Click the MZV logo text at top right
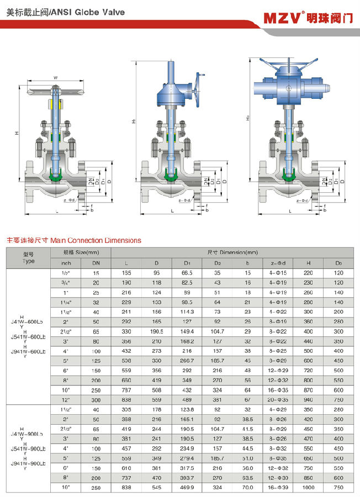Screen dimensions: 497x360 [x=283, y=17]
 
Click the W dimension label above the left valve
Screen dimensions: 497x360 [x=55, y=77]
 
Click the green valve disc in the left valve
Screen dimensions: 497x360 [x=55, y=176]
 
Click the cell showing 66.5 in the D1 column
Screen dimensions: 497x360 [x=187, y=273]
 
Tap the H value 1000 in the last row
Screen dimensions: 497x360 [x=308, y=488]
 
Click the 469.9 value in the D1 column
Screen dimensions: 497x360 [x=187, y=488]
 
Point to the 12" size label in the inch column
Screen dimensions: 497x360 [x=66, y=399]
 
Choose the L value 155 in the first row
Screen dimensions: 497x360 [x=127, y=273]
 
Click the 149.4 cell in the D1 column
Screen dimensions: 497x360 [x=187, y=331]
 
